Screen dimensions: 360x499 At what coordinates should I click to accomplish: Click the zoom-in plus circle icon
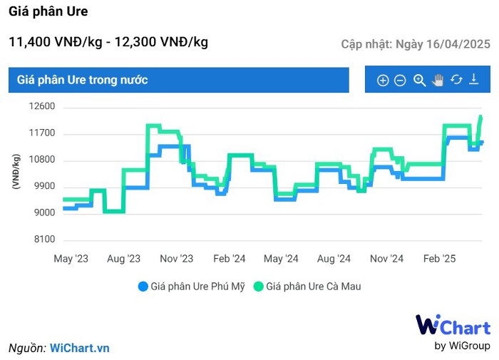383,81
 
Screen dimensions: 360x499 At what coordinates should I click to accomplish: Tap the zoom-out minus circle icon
400,81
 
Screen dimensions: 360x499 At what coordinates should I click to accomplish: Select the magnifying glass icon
419,81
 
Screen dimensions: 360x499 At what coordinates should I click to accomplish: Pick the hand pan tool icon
438,81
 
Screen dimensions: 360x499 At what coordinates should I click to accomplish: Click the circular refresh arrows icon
456,80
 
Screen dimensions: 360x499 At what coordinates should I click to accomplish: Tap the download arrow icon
474,80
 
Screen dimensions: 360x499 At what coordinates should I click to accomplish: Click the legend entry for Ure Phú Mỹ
192,287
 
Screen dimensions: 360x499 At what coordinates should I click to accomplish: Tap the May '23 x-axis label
73,259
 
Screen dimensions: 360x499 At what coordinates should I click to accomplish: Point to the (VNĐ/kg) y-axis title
16,171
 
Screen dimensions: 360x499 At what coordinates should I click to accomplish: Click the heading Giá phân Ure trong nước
83,80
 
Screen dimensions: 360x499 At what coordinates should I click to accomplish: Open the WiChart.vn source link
80,348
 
